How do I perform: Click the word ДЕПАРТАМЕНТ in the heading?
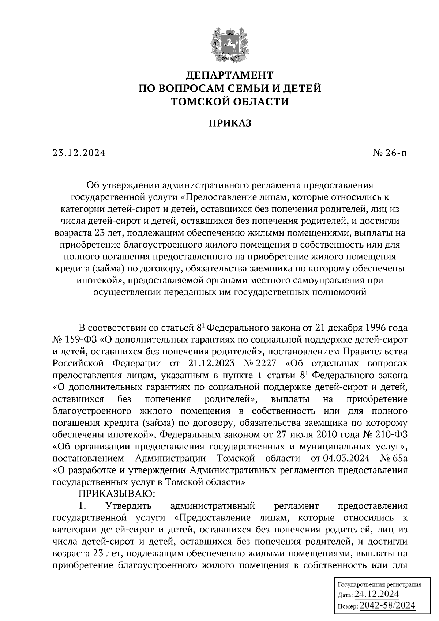[x=230, y=75]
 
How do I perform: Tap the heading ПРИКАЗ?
[x=230, y=123]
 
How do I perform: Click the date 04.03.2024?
[x=346, y=459]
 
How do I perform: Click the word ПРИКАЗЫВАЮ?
[x=117, y=494]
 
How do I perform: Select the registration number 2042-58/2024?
[x=387, y=606]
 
